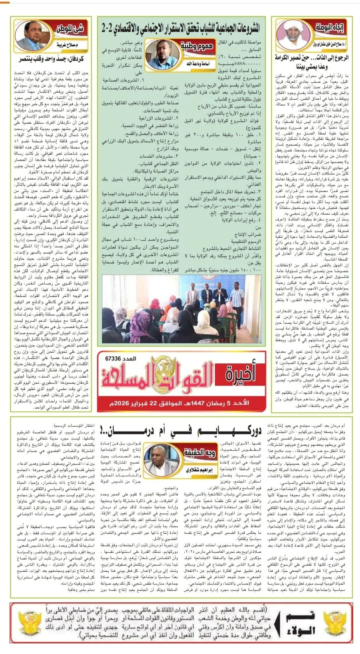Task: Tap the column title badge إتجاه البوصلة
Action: [x=330, y=27]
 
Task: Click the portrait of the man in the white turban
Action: [x=293, y=35]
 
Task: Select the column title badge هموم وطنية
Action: [x=197, y=45]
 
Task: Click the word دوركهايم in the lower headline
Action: [x=241, y=431]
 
